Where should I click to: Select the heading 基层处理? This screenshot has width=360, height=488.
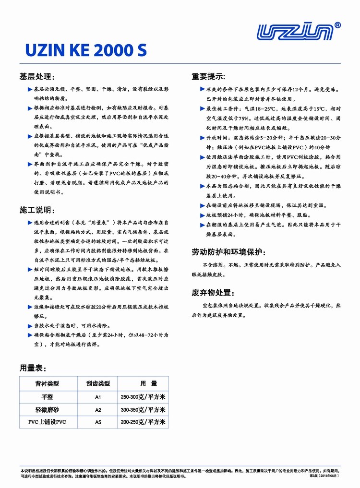37,77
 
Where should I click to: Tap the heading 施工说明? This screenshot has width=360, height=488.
37,210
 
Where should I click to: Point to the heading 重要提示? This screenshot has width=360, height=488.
209,77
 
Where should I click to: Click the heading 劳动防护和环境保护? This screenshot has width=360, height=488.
229,252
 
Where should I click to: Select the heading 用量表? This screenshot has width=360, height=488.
33,368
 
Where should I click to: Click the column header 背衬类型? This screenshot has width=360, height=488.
47,384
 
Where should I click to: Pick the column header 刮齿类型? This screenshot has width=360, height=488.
98,384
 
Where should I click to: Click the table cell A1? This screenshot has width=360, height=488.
98,397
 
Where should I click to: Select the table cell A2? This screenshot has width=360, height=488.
98,410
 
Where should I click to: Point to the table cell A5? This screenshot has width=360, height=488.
98,422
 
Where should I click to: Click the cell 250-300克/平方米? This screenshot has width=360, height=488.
143,397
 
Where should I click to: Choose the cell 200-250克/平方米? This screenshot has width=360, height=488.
143,422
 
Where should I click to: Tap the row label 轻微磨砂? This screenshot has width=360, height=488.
47,410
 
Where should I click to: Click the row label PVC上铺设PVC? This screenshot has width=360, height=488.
47,422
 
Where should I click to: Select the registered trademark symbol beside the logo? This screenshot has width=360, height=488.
337,25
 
